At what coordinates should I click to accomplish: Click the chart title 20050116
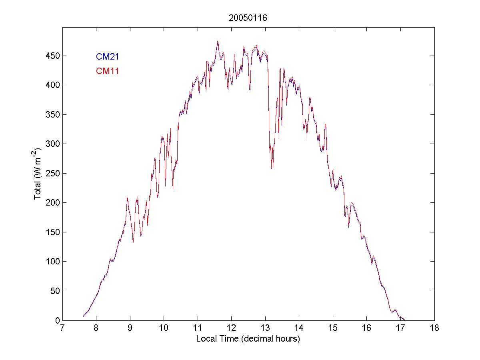coord(248,18)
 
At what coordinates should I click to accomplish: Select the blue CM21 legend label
coord(107,57)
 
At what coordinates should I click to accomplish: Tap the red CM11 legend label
coord(107,71)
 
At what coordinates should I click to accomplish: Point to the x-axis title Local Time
coord(248,338)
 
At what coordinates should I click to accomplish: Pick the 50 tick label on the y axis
coord(55,291)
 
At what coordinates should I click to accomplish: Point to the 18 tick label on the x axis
coord(434,328)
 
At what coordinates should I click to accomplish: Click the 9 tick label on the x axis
coord(130,328)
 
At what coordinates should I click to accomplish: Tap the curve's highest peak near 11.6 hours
coord(218,41)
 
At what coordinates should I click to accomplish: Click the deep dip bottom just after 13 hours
coord(272,168)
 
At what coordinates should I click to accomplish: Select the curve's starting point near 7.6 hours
coord(83,316)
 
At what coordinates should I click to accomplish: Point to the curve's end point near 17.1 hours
coord(405,320)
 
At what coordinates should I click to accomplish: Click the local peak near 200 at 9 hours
coord(127,198)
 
